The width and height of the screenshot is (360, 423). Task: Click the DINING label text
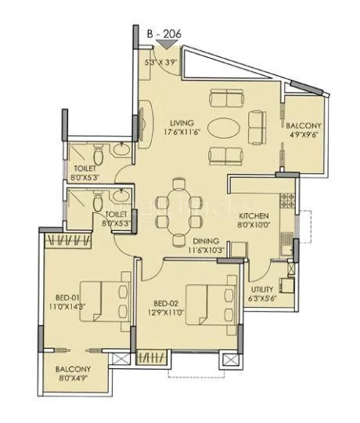point(206,241)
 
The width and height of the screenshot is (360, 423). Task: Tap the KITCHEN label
point(254,215)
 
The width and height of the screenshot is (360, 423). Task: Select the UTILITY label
point(262,289)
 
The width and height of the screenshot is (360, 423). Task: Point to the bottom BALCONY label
point(74,369)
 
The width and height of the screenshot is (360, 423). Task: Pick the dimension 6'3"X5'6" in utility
point(262,298)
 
